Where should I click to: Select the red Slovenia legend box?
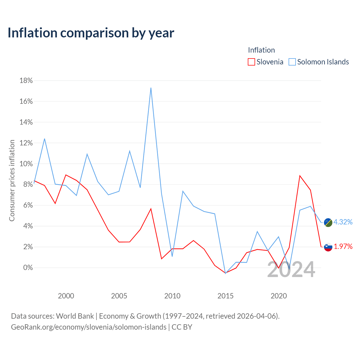(251, 62)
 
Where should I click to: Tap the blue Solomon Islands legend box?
(292, 62)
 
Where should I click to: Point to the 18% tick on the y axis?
(26, 80)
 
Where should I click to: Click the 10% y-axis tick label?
(26, 164)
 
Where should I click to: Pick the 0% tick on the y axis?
(28, 267)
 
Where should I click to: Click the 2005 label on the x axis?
(119, 296)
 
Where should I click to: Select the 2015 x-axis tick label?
(226, 296)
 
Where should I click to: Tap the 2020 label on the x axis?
(279, 296)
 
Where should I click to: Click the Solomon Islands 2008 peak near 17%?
(151, 88)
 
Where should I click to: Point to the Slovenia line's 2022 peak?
(300, 176)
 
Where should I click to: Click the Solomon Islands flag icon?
(328, 222)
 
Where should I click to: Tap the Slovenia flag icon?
(328, 247)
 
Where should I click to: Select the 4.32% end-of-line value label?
(343, 222)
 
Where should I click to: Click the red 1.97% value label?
(343, 247)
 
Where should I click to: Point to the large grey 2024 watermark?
(291, 269)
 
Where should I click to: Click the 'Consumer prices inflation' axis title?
(12, 181)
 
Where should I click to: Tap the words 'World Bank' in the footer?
(75, 316)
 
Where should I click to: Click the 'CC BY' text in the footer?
(182, 327)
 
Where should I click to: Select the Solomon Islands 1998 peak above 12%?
(44, 139)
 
